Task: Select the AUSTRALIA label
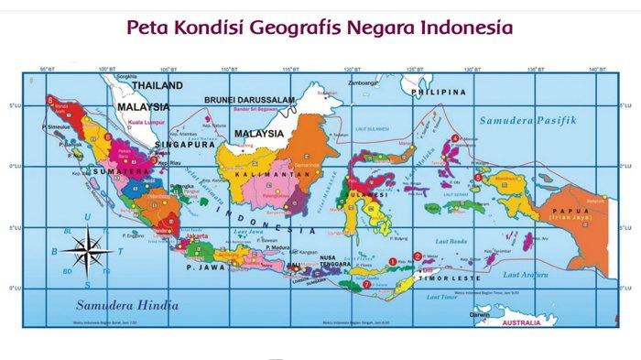(513, 322)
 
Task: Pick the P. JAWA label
(202, 267)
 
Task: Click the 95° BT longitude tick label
(47, 70)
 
